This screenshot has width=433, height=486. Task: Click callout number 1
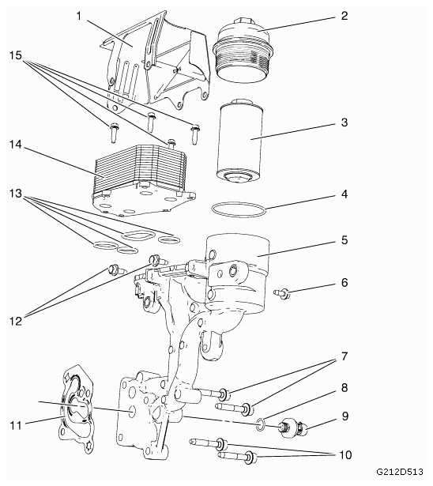[79, 16]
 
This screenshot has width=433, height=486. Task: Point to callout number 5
[345, 240]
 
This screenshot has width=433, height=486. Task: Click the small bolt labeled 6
[281, 293]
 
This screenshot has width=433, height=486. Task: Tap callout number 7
[345, 356]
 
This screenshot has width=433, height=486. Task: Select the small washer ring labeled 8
[261, 424]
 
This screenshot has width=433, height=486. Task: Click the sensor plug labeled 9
[293, 428]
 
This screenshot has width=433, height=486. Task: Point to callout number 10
[345, 455]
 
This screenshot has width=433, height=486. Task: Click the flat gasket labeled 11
[76, 409]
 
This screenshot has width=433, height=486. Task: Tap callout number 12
[16, 321]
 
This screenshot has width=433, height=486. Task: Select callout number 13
[15, 194]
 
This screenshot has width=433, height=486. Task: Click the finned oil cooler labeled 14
[143, 179]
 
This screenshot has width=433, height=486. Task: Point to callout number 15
[15, 56]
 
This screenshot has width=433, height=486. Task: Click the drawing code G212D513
[400, 472]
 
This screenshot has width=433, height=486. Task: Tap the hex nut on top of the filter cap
[243, 23]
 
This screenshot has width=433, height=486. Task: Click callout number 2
[345, 16]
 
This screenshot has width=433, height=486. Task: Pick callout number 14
[15, 145]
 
